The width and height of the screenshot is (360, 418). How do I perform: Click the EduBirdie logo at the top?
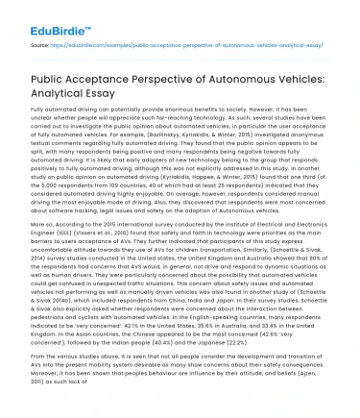point(49,15)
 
